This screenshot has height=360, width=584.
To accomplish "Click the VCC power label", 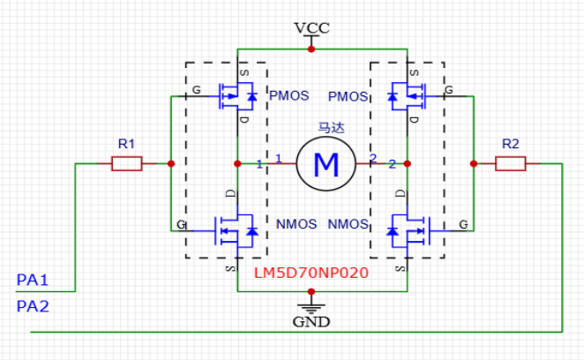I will coord(311,27).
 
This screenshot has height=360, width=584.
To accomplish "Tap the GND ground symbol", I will coord(311,309).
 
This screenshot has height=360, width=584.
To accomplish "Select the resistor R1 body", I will coord(126,163).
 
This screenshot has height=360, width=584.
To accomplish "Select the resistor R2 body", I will coord(511,163).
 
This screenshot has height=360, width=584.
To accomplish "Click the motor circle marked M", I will coord(326,163).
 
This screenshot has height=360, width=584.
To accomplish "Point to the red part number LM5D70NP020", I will coord(311,274).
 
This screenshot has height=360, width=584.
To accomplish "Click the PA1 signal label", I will coord(32,281).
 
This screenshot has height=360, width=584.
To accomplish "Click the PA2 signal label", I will coord(32,306).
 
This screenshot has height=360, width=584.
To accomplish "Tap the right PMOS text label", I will coord(347,94).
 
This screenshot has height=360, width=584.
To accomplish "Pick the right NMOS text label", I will coord(348,224).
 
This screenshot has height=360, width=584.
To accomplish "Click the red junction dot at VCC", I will coord(311,49).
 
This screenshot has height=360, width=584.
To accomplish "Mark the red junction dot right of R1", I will coord(170,163).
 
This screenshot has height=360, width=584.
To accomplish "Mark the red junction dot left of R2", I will coord(474,163).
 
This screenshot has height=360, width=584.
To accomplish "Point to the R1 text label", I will coord(126,143).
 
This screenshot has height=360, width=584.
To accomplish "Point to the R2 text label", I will coord(510,143).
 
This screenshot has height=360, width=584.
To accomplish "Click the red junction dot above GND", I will coord(311,289).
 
